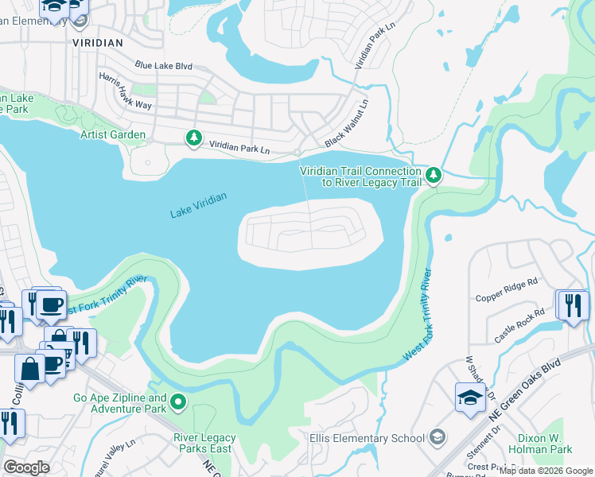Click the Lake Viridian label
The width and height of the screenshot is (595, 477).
point(198,205)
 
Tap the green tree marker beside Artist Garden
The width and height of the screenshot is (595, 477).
point(193,138)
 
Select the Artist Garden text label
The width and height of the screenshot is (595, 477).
point(113,135)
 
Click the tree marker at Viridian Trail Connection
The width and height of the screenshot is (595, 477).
point(433,174)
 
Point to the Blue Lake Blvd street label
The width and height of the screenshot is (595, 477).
point(164,65)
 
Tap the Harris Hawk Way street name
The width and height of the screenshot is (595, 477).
point(125,91)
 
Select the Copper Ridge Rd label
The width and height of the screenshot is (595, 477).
point(507,289)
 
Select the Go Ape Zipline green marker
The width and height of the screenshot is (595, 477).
point(179,403)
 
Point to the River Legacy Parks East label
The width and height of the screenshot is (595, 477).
point(204,444)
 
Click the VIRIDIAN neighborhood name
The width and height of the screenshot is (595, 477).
point(98,43)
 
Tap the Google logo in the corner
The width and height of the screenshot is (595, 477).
point(26,467)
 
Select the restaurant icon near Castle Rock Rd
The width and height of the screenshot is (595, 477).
point(571,305)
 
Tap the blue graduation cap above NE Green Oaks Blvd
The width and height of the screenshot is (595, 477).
point(469,397)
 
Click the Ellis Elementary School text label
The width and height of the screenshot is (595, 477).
point(367,437)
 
